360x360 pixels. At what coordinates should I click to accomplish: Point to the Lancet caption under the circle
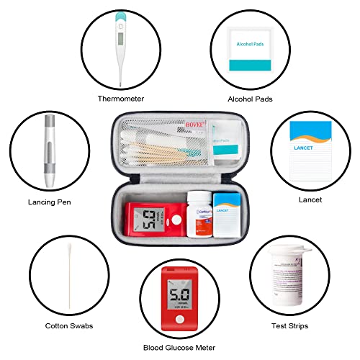point(310,199)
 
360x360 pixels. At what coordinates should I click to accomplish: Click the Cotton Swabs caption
point(68,325)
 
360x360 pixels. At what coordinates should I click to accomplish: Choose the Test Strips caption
point(290,325)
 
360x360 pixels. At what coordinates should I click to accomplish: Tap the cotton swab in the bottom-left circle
point(68,275)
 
